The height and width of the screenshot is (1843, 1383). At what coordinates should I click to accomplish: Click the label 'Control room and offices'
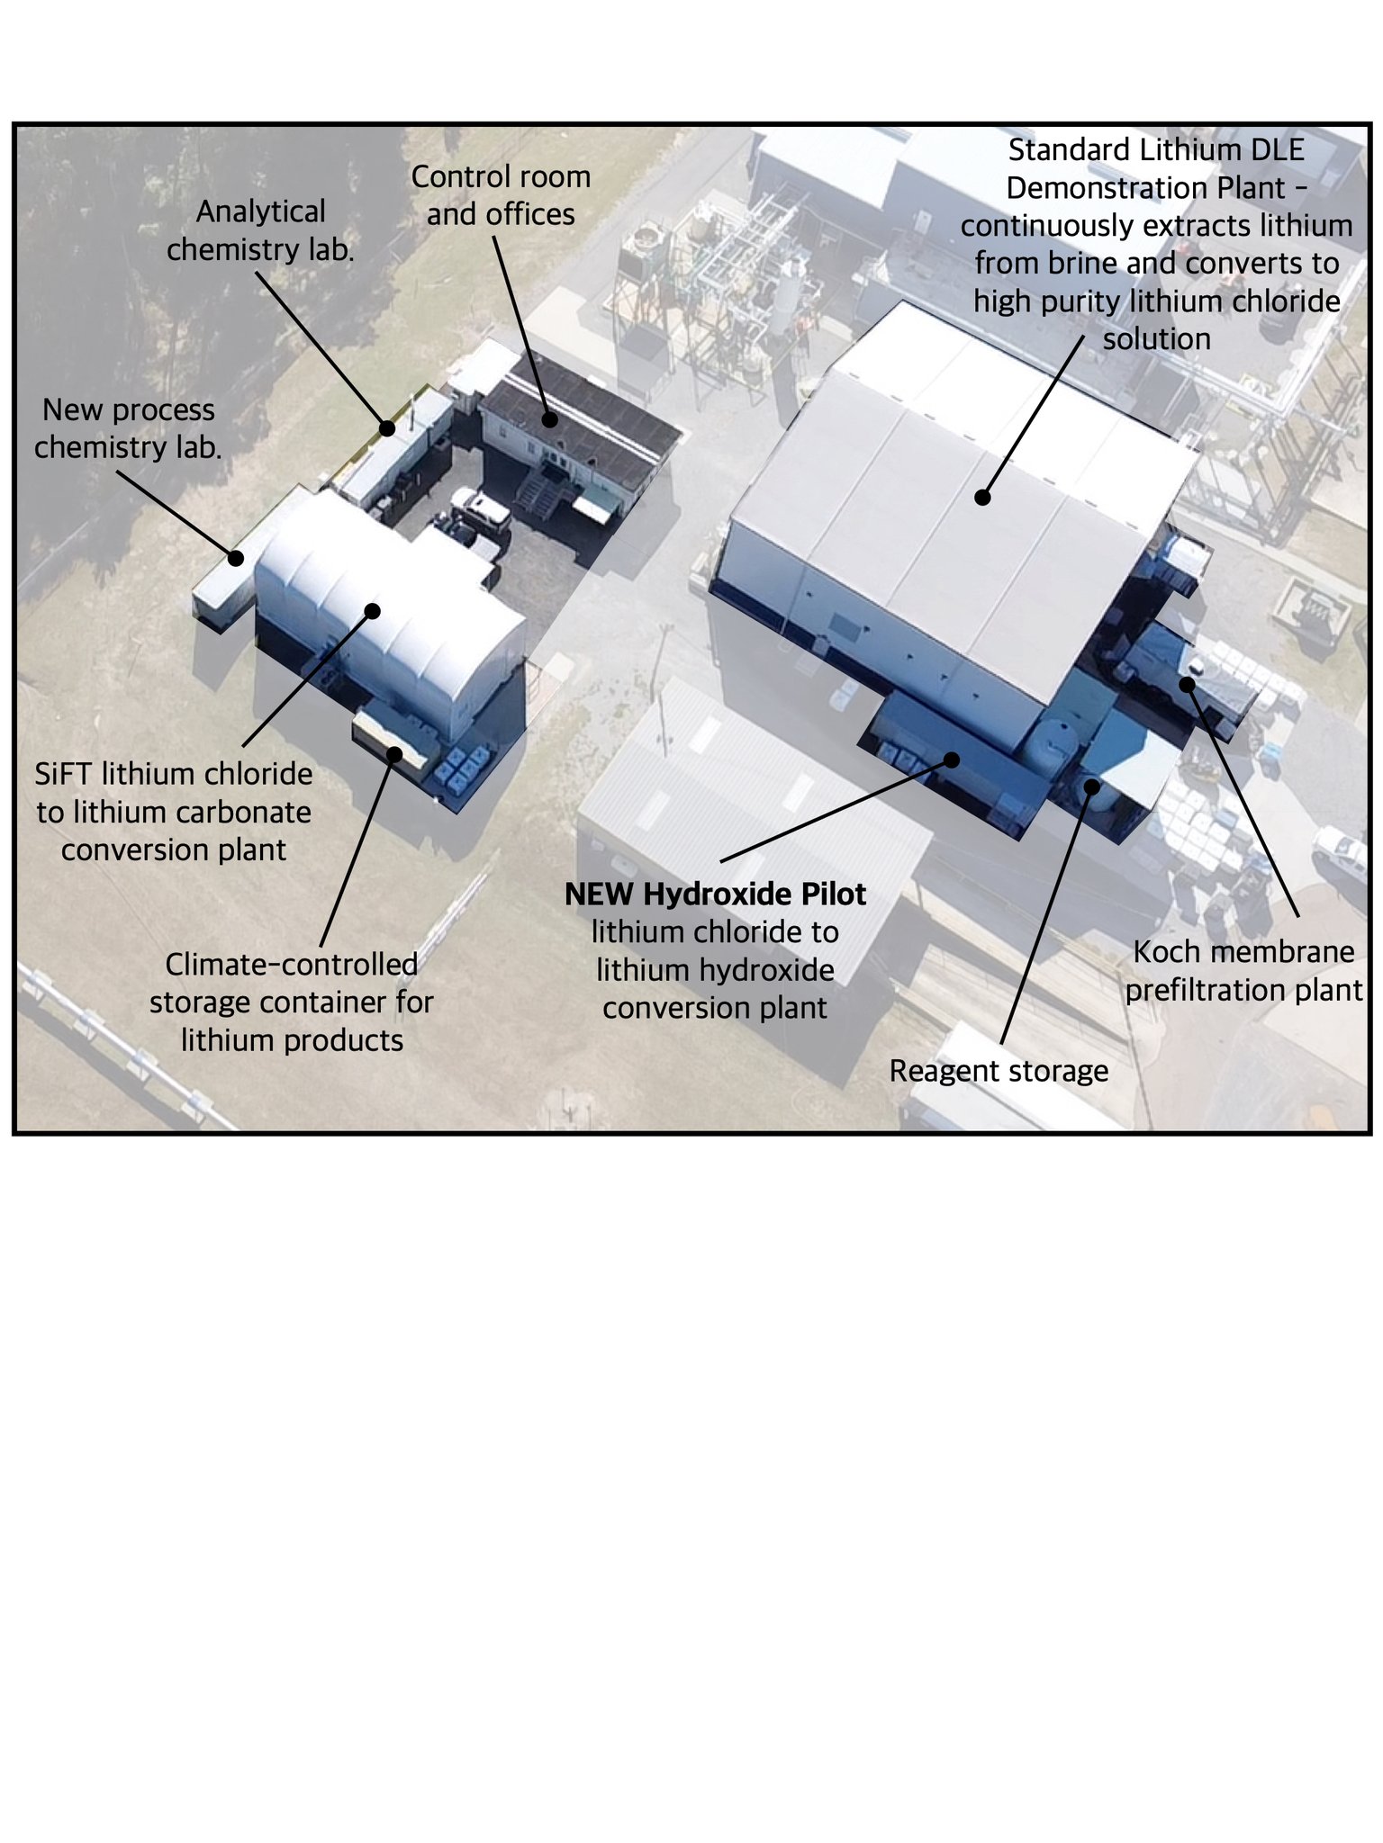click(x=501, y=195)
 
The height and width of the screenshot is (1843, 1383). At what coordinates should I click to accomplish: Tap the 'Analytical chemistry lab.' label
click(x=260, y=230)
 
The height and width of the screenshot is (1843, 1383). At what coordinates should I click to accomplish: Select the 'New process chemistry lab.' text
click(x=128, y=428)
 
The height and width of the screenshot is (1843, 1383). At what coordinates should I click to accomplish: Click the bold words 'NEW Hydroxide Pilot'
click(x=715, y=894)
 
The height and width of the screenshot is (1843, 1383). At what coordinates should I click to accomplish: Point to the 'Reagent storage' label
click(x=998, y=1071)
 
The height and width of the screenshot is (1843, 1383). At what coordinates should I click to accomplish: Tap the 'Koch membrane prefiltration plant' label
click(x=1243, y=971)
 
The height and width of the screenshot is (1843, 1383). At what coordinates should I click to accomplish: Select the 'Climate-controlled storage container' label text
click(x=291, y=983)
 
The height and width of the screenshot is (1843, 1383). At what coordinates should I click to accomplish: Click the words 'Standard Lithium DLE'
click(x=1156, y=149)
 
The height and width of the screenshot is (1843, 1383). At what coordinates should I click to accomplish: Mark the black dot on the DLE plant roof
click(x=983, y=497)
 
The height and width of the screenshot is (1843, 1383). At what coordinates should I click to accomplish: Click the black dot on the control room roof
click(x=549, y=418)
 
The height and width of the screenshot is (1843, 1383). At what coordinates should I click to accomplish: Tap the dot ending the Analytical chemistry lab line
click(x=387, y=428)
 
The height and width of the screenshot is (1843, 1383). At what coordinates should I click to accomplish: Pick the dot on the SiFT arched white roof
click(x=373, y=611)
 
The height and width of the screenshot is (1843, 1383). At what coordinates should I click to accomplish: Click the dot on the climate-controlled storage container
click(x=393, y=753)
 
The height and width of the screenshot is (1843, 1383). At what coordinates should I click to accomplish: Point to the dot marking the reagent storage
click(x=1092, y=786)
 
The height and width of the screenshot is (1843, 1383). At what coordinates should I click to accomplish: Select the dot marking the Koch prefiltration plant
click(x=1187, y=684)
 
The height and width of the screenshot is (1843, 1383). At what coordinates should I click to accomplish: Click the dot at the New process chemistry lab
click(x=236, y=558)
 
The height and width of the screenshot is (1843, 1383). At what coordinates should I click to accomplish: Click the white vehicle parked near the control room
click(x=481, y=508)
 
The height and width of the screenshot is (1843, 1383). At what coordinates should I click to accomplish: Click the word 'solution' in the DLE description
click(x=1156, y=339)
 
